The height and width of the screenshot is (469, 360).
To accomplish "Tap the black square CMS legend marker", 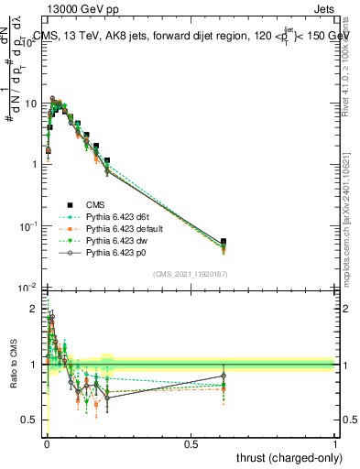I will click(68, 205).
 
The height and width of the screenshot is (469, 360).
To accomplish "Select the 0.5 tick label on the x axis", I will click(191, 444).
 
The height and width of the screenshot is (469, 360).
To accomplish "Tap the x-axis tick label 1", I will click(335, 444).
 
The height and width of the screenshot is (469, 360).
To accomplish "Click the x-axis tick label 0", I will click(48, 444).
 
